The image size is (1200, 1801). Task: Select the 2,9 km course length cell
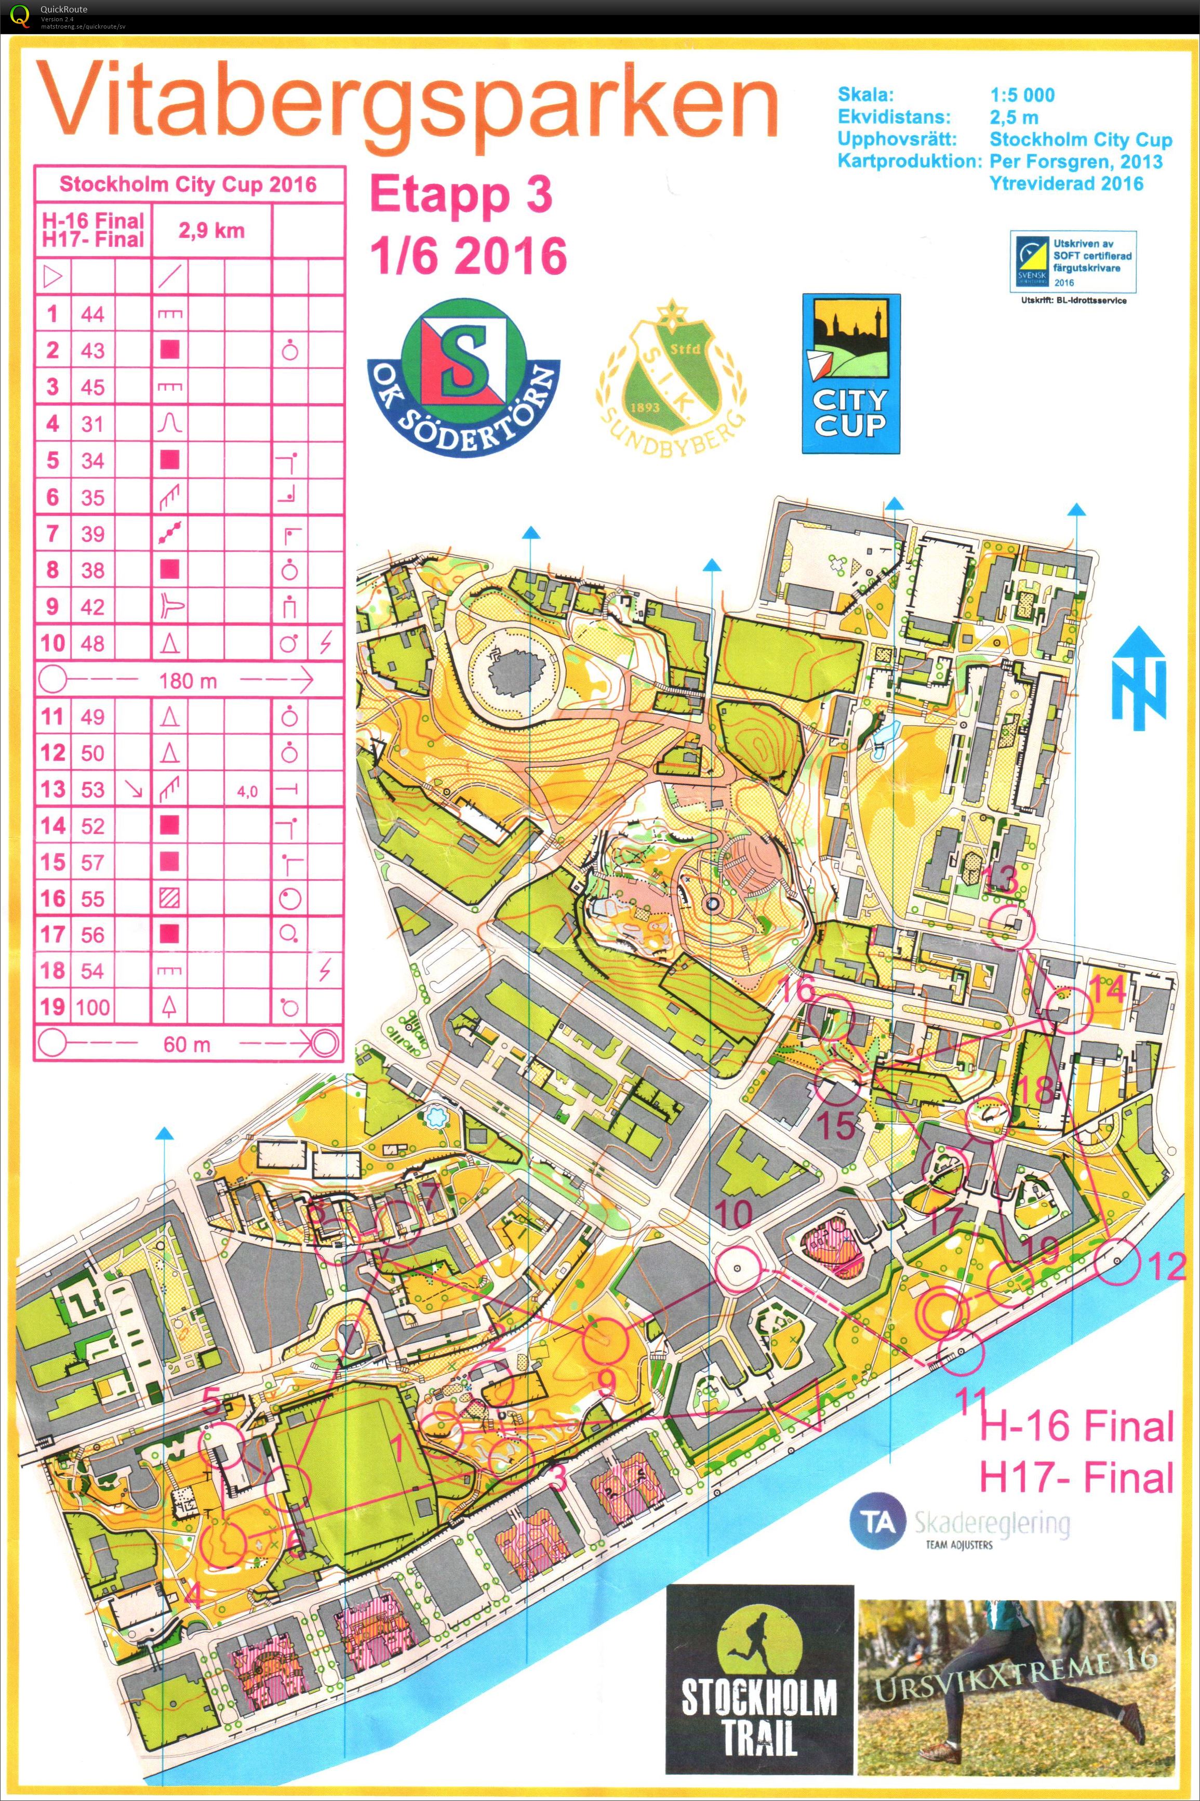(x=212, y=231)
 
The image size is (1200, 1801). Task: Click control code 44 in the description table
(x=92, y=314)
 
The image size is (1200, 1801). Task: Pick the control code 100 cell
(x=92, y=1007)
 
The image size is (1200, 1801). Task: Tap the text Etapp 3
(x=461, y=197)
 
